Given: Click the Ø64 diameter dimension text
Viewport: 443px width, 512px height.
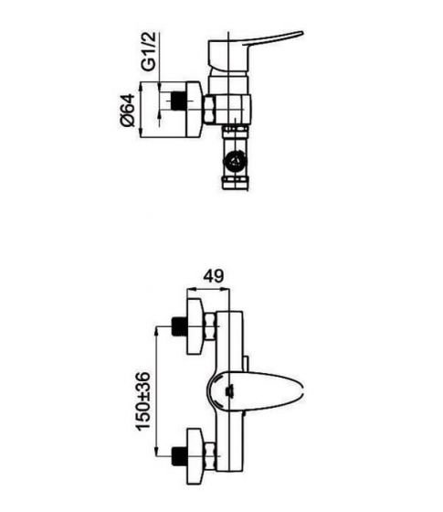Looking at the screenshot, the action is pyautogui.click(x=127, y=110).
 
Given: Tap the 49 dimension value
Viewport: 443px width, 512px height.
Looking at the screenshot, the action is pyautogui.click(x=214, y=276).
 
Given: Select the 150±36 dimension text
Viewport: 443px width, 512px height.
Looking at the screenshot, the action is pyautogui.click(x=143, y=400).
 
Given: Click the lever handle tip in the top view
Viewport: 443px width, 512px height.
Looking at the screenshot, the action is pyautogui.click(x=301, y=33).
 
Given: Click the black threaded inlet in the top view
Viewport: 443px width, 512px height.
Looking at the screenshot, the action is pyautogui.click(x=178, y=101).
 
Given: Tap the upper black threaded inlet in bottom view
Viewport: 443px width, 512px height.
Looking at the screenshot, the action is pyautogui.click(x=179, y=326).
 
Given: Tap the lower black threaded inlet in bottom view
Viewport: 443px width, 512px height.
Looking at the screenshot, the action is pyautogui.click(x=179, y=456).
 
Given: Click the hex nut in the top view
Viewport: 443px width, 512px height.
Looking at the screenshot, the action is pyautogui.click(x=209, y=110).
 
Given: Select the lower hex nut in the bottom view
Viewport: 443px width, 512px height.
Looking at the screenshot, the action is pyautogui.click(x=211, y=456).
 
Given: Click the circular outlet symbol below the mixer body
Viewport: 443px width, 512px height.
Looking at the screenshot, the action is pyautogui.click(x=235, y=161).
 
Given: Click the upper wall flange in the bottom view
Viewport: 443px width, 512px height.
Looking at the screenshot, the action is pyautogui.click(x=195, y=325).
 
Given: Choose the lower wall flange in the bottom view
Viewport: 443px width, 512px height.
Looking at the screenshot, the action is pyautogui.click(x=195, y=456).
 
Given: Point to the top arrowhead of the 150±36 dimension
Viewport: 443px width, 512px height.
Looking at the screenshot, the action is pyautogui.click(x=157, y=330).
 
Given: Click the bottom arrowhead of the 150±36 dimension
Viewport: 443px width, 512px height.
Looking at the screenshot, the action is pyautogui.click(x=157, y=452).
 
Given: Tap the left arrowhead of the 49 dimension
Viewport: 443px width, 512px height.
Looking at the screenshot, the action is pyautogui.click(x=191, y=289).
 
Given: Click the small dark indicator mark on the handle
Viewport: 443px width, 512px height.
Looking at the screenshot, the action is pyautogui.click(x=229, y=391).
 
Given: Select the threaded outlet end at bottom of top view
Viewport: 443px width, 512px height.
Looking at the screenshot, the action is pyautogui.click(x=236, y=183).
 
